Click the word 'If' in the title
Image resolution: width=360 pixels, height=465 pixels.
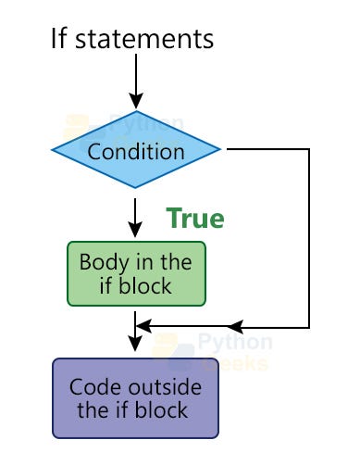(58, 38)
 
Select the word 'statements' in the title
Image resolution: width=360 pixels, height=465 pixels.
(144, 39)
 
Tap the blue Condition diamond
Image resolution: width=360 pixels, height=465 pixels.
(136, 149)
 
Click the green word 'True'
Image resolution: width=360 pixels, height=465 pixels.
(195, 218)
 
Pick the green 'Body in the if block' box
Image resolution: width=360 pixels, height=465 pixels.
(136, 274)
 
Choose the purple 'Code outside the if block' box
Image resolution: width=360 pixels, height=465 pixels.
(135, 398)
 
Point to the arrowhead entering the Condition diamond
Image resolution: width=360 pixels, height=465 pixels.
(136, 101)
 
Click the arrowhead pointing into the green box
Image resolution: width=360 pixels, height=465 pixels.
(135, 229)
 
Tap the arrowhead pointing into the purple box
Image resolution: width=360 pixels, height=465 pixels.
(135, 344)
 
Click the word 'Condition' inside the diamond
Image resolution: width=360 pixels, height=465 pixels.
(136, 152)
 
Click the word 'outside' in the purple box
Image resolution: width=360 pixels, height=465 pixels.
(165, 387)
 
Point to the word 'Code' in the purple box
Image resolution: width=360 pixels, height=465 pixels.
(97, 387)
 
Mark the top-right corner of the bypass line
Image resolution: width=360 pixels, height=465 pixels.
(309, 149)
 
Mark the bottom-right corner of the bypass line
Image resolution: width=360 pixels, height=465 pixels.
(309, 327)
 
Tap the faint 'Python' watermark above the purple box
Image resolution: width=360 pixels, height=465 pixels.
(235, 342)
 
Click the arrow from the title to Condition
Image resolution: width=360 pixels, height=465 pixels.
(136, 82)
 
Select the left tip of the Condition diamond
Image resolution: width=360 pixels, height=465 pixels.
(52, 150)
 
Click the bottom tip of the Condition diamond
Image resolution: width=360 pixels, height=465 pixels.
(135, 188)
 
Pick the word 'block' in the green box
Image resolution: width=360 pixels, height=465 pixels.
(145, 286)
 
